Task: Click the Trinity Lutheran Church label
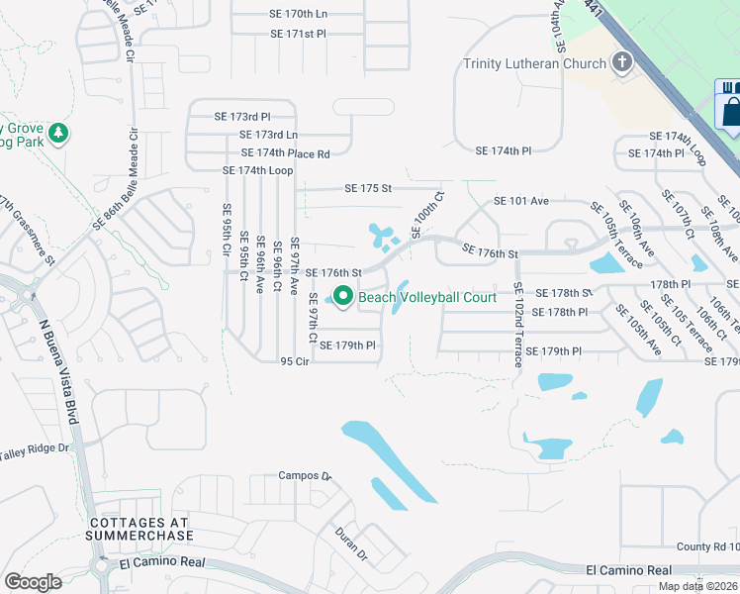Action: click(535, 64)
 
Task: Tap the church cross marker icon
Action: click(621, 63)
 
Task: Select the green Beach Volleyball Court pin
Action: click(343, 296)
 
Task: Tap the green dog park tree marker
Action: click(58, 133)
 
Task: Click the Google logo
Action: click(33, 582)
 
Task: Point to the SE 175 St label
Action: click(368, 188)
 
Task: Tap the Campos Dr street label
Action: click(304, 475)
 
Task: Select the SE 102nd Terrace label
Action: click(517, 324)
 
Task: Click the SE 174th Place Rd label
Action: click(285, 153)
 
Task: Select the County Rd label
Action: click(707, 546)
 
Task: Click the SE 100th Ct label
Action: click(424, 214)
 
